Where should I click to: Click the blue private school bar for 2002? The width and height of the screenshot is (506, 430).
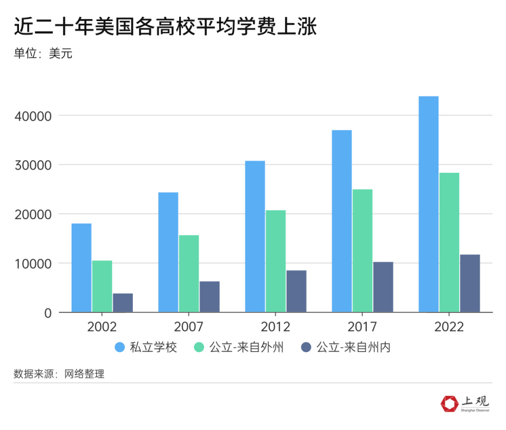coord(82,268)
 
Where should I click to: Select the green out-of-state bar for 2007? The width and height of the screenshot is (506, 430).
coord(189,273)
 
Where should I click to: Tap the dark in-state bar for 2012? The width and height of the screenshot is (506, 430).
coord(296,291)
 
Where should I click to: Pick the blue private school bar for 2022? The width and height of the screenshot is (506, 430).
coord(429,204)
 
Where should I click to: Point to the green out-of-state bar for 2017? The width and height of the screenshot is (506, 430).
coord(362,250)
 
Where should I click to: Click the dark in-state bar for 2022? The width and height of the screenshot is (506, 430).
coord(470,284)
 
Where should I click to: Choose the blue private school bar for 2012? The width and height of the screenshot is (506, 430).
coord(255,236)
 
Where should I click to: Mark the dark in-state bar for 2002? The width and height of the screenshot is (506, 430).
coord(123,302)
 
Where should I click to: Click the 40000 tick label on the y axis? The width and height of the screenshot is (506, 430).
coord(32,115)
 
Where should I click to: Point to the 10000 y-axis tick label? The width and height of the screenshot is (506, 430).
coord(32,263)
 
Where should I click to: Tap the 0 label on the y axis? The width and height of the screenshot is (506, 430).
coord(48,313)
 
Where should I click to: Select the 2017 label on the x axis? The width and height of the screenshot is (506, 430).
coord(362,327)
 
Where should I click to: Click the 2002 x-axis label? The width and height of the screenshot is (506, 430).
coord(102,327)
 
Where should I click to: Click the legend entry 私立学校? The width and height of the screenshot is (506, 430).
coord(153,348)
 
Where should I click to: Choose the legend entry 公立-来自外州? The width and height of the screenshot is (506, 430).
coord(246,348)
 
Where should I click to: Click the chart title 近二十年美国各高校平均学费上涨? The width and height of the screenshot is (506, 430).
coord(165,27)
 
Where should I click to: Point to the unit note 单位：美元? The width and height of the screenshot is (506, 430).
coord(43,53)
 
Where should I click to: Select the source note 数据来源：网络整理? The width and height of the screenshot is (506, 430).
coord(59,374)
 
